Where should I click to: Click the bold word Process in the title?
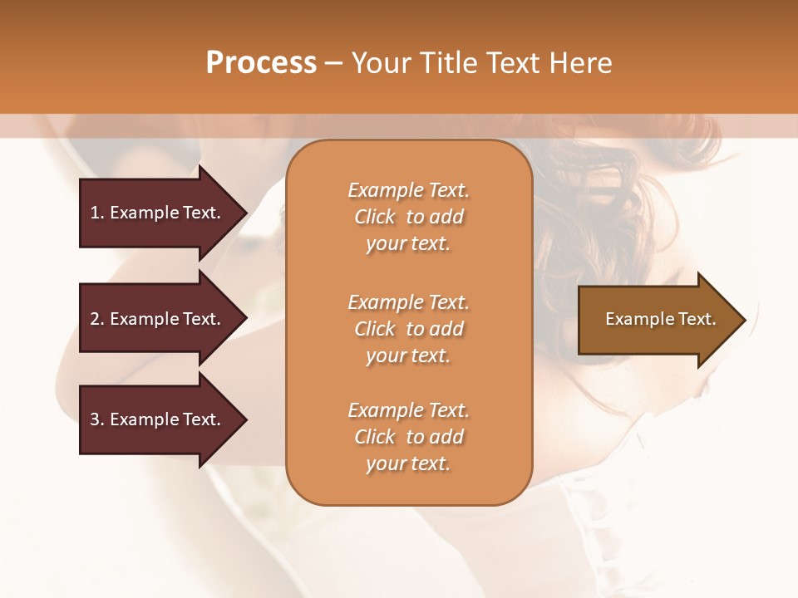pos(261,63)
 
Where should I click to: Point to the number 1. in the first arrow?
pos(97,213)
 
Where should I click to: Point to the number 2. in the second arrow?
pos(97,319)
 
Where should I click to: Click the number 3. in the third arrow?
pos(97,419)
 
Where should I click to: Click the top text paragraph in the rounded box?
pos(408,217)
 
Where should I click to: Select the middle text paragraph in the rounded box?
pos(408,329)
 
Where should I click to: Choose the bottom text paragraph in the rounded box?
pos(408,437)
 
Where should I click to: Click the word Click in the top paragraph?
pos(375,217)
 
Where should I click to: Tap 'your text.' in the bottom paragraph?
pos(408,463)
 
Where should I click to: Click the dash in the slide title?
pos(333,63)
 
